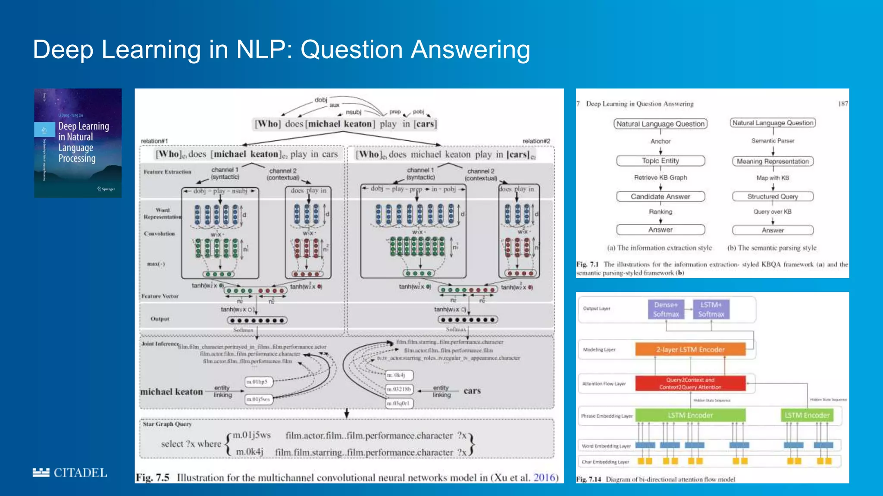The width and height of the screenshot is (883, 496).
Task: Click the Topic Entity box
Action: [x=660, y=161]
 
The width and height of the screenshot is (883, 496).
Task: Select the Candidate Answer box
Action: [x=660, y=196]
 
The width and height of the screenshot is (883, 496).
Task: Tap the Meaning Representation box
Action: [x=773, y=161]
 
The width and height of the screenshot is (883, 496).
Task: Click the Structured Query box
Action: [x=773, y=196]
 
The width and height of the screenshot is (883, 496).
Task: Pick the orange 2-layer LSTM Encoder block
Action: [x=690, y=349]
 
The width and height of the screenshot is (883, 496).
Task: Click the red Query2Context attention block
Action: [x=690, y=383]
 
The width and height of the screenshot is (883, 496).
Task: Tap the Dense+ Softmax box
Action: [x=666, y=310]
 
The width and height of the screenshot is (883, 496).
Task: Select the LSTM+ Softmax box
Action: [x=711, y=310]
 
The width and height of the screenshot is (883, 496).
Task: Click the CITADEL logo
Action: [x=70, y=473]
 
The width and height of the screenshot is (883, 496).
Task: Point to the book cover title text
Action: [x=83, y=142]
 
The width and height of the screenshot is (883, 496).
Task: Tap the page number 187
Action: [x=843, y=104]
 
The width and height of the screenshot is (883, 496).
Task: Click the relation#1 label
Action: [x=154, y=141]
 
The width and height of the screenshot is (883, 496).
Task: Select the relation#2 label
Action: [x=536, y=141]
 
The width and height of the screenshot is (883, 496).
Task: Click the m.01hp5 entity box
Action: [x=257, y=381]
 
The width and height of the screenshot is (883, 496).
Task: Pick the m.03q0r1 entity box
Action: [x=398, y=403]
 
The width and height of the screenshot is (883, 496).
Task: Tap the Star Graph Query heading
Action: [x=167, y=424]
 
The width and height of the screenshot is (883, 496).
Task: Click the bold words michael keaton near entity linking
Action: [x=171, y=392]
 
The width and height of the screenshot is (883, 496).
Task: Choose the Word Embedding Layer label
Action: [x=606, y=446]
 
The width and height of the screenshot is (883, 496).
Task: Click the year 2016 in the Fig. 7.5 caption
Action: [x=545, y=477]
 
